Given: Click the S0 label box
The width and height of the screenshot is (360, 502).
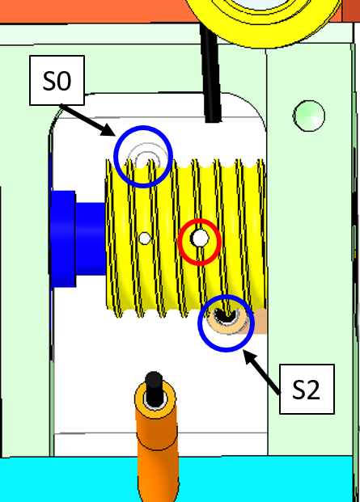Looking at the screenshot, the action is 57,80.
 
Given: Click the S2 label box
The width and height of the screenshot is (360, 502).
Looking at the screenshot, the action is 307,389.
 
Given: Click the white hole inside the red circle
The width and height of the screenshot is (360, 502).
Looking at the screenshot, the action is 200,238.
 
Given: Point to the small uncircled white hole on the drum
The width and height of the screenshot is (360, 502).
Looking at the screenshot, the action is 145,238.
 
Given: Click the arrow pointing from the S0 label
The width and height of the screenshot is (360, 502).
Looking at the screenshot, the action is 87,120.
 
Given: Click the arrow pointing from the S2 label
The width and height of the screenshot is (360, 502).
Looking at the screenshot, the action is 262,371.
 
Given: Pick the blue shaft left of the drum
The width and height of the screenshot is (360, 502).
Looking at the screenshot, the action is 78,238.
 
